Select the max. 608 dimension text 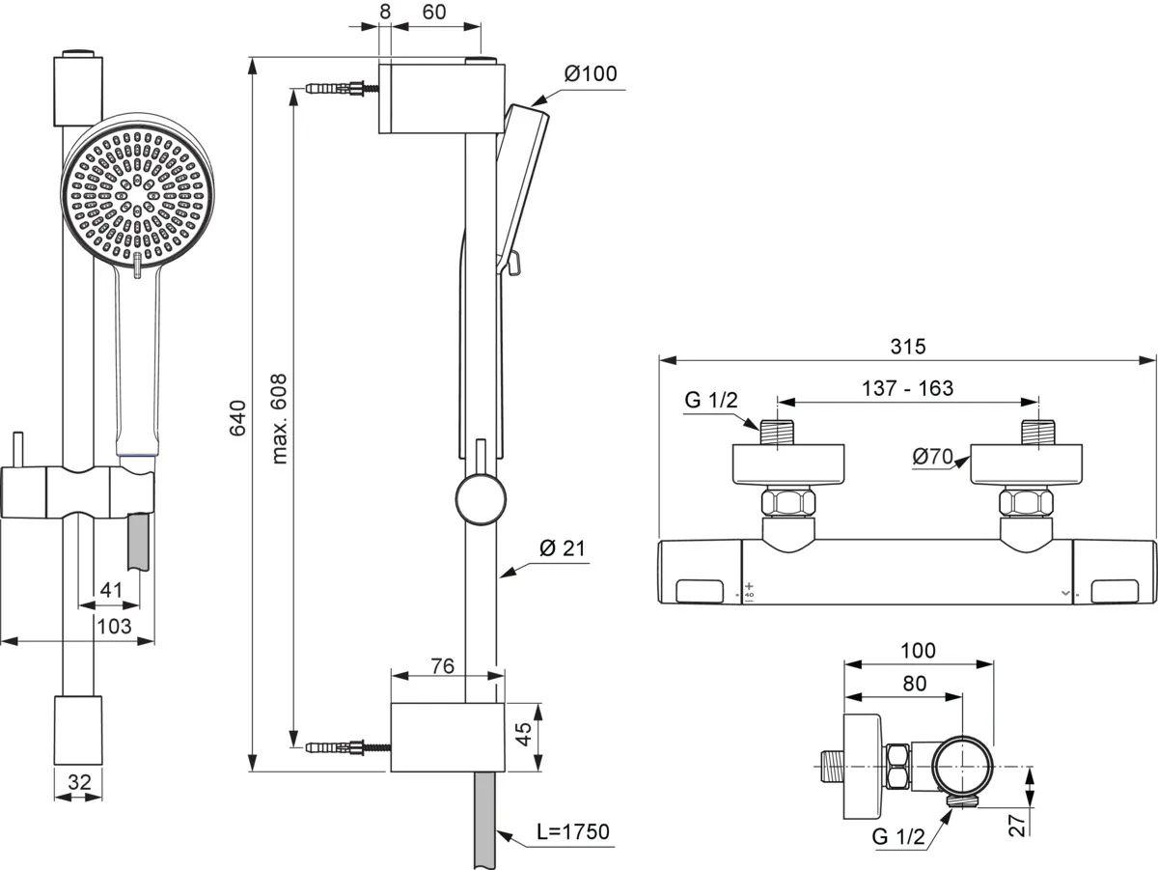click(x=281, y=418)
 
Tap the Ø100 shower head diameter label click(x=591, y=74)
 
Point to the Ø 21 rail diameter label click(x=563, y=548)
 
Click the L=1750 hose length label click(x=574, y=831)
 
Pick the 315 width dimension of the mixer click(x=907, y=346)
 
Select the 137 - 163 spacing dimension click(x=908, y=388)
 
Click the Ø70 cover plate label click(x=933, y=456)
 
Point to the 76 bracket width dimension click(x=442, y=667)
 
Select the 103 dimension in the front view click(x=114, y=627)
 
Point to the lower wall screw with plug click(x=344, y=747)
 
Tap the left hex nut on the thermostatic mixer click(x=787, y=503)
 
